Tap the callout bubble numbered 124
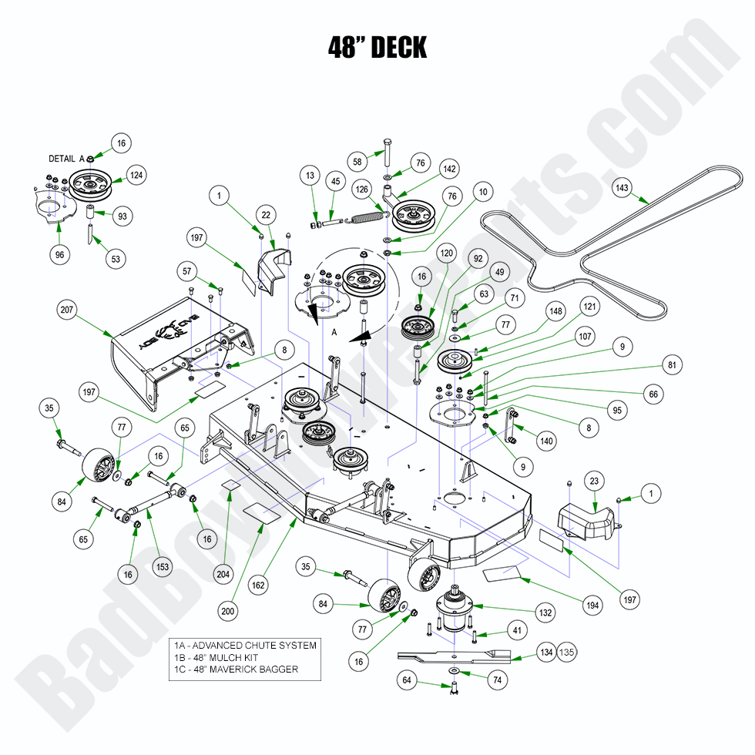[x=136, y=176]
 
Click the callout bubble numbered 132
[x=545, y=613]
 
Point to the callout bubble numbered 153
[x=163, y=566]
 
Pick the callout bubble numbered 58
[x=357, y=163]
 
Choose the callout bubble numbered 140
[x=546, y=441]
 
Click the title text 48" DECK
[x=377, y=48]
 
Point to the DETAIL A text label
[x=66, y=159]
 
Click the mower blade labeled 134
[x=455, y=656]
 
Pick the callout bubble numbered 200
[x=227, y=612]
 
